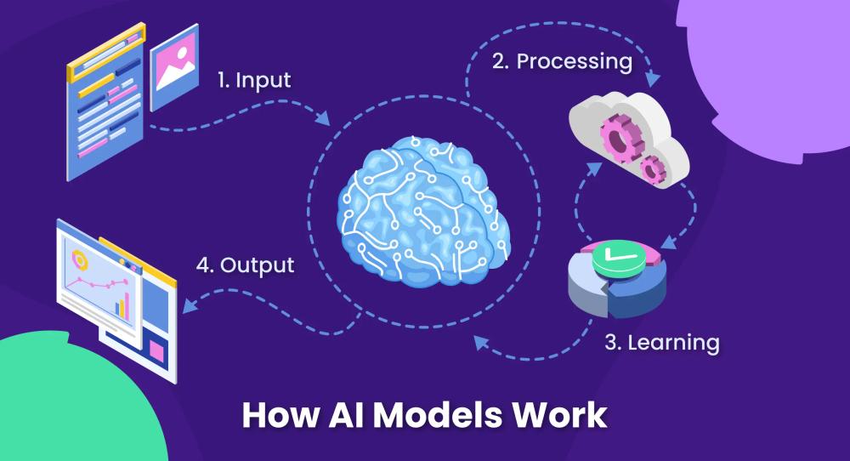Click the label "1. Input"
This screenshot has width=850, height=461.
point(252,81)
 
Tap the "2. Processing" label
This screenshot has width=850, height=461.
point(561,61)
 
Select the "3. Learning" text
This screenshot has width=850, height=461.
point(662,343)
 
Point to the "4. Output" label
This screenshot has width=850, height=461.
point(245,265)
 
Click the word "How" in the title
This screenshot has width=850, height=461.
point(273,414)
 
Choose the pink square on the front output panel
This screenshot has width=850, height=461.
point(156,350)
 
